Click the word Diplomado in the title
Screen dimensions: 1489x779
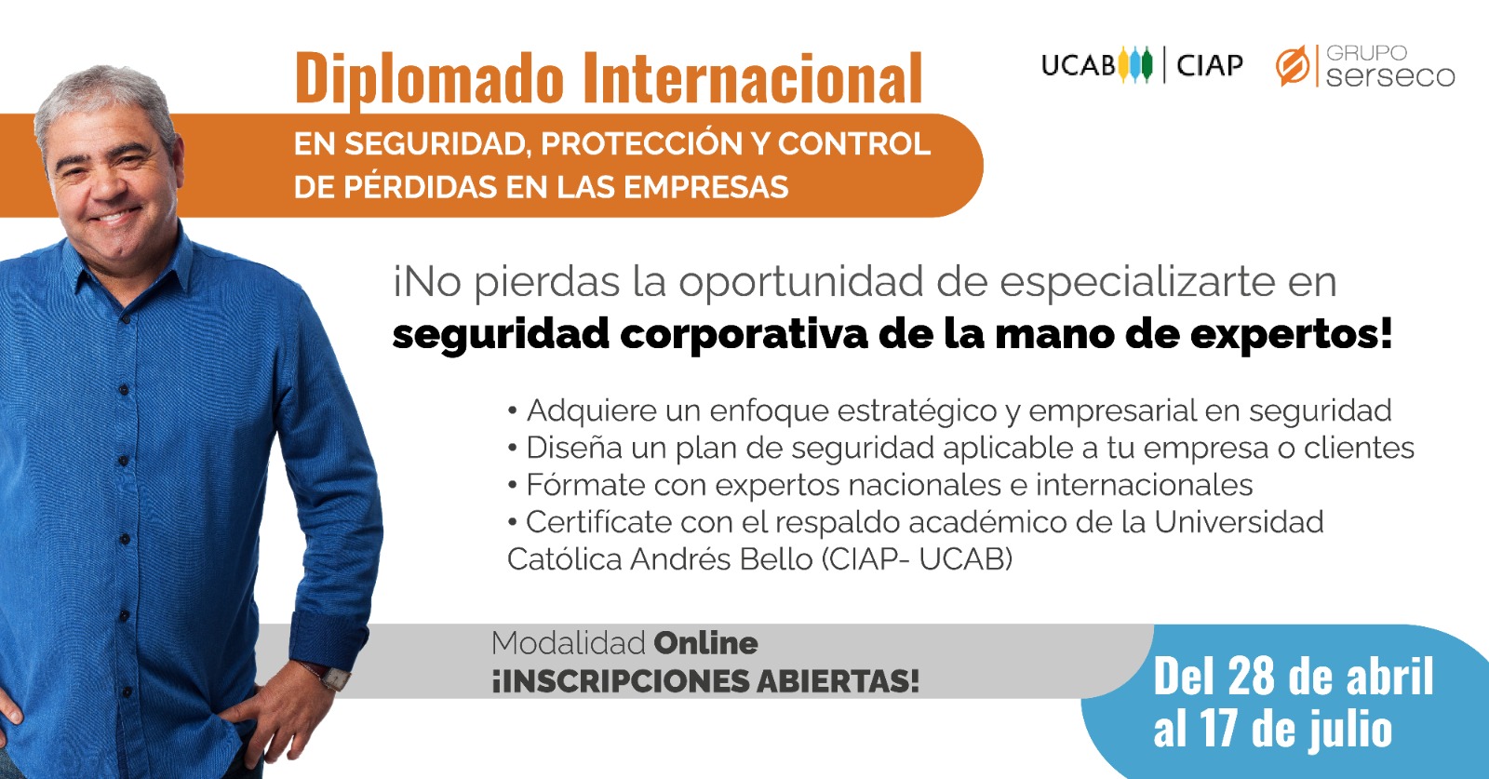(429, 80)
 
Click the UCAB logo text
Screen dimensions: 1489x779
(1079, 65)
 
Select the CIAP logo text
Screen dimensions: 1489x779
(1209, 65)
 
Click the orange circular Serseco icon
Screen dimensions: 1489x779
(1293, 66)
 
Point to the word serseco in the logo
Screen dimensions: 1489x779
(1390, 75)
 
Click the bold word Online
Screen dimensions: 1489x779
(706, 643)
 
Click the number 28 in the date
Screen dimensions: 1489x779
(1253, 676)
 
